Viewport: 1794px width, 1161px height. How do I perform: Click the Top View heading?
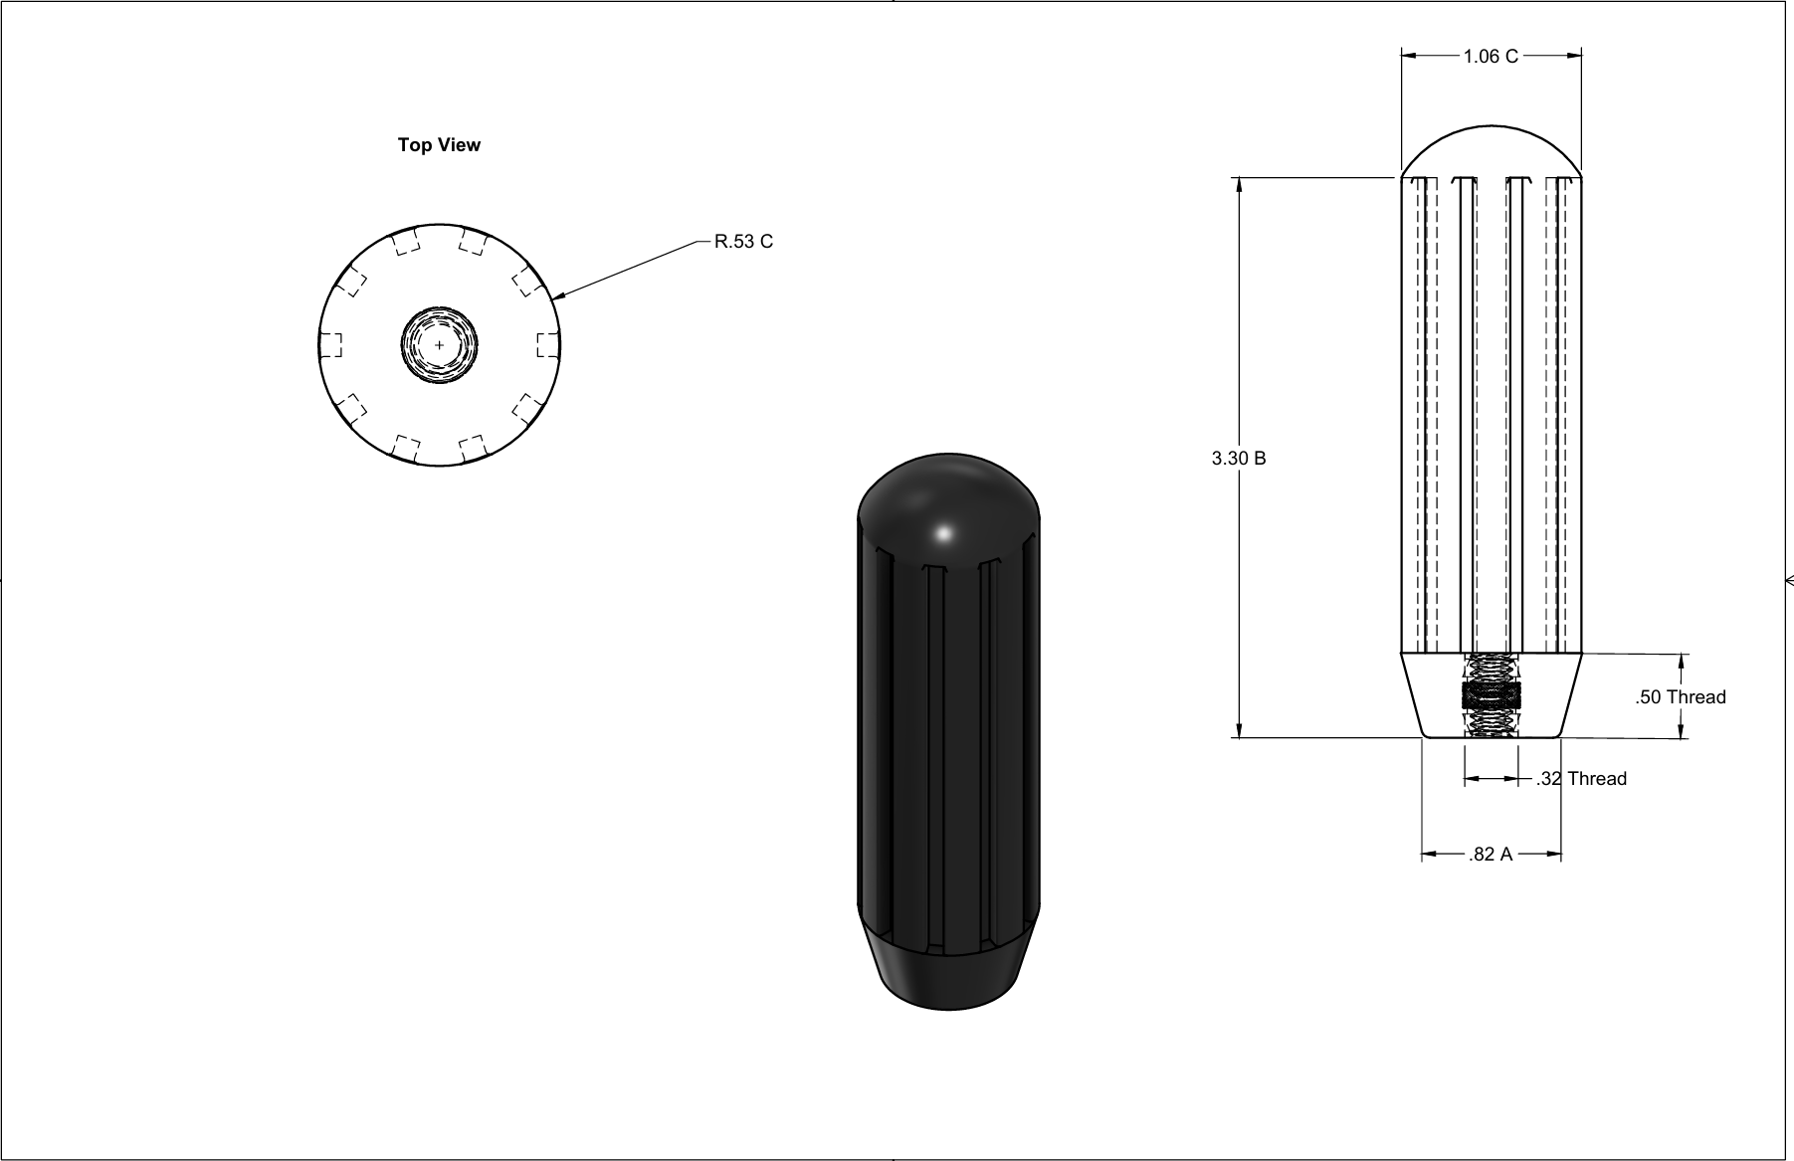(439, 145)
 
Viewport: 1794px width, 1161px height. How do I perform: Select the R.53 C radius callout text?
(743, 242)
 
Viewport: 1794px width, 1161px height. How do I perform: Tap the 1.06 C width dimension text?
(1491, 57)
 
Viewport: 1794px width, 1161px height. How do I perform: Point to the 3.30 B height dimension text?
(1239, 459)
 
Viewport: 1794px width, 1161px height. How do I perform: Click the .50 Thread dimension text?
(1681, 697)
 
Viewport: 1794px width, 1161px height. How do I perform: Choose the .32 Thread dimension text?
(1581, 779)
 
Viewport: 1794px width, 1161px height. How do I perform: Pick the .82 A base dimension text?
(1491, 855)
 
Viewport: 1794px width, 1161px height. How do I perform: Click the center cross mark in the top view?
(440, 345)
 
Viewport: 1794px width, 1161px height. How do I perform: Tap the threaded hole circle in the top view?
(440, 345)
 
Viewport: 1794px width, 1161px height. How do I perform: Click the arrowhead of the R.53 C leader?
(558, 294)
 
